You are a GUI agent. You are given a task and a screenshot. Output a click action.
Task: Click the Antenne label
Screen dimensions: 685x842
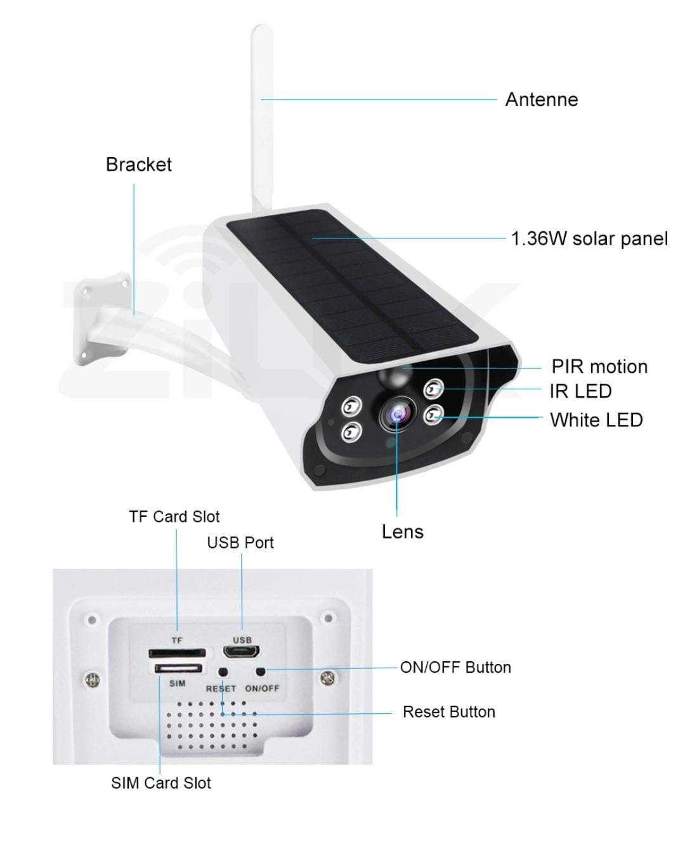click(541, 100)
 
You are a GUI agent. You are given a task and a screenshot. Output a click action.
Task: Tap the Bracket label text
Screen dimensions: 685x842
click(139, 164)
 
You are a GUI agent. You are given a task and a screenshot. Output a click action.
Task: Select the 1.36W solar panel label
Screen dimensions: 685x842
click(589, 238)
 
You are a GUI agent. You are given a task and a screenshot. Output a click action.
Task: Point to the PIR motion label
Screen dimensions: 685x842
click(599, 366)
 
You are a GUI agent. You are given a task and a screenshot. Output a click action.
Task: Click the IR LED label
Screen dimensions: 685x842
click(580, 391)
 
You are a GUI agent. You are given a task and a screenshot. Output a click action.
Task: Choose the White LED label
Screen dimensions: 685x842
click(596, 420)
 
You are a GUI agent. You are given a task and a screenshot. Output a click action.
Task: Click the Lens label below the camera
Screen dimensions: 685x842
click(403, 532)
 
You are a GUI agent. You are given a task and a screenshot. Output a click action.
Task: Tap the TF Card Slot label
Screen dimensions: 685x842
click(174, 517)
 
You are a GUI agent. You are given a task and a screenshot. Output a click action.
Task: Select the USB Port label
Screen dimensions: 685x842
click(240, 543)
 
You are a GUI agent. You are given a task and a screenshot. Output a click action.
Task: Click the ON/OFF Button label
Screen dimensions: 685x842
click(455, 667)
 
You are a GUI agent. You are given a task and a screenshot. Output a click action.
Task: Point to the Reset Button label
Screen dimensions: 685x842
click(449, 711)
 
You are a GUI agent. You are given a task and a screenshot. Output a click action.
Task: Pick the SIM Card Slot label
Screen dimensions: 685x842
click(161, 782)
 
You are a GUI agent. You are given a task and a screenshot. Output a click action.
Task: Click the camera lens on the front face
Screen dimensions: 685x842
click(398, 413)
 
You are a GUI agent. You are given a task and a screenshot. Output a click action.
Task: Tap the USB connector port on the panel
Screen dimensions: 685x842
click(242, 651)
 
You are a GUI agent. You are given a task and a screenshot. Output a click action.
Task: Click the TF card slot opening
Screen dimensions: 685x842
click(177, 652)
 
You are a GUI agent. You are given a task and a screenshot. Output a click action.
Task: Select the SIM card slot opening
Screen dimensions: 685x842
click(178, 668)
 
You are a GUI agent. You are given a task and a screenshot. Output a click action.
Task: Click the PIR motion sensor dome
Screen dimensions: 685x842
click(395, 377)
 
